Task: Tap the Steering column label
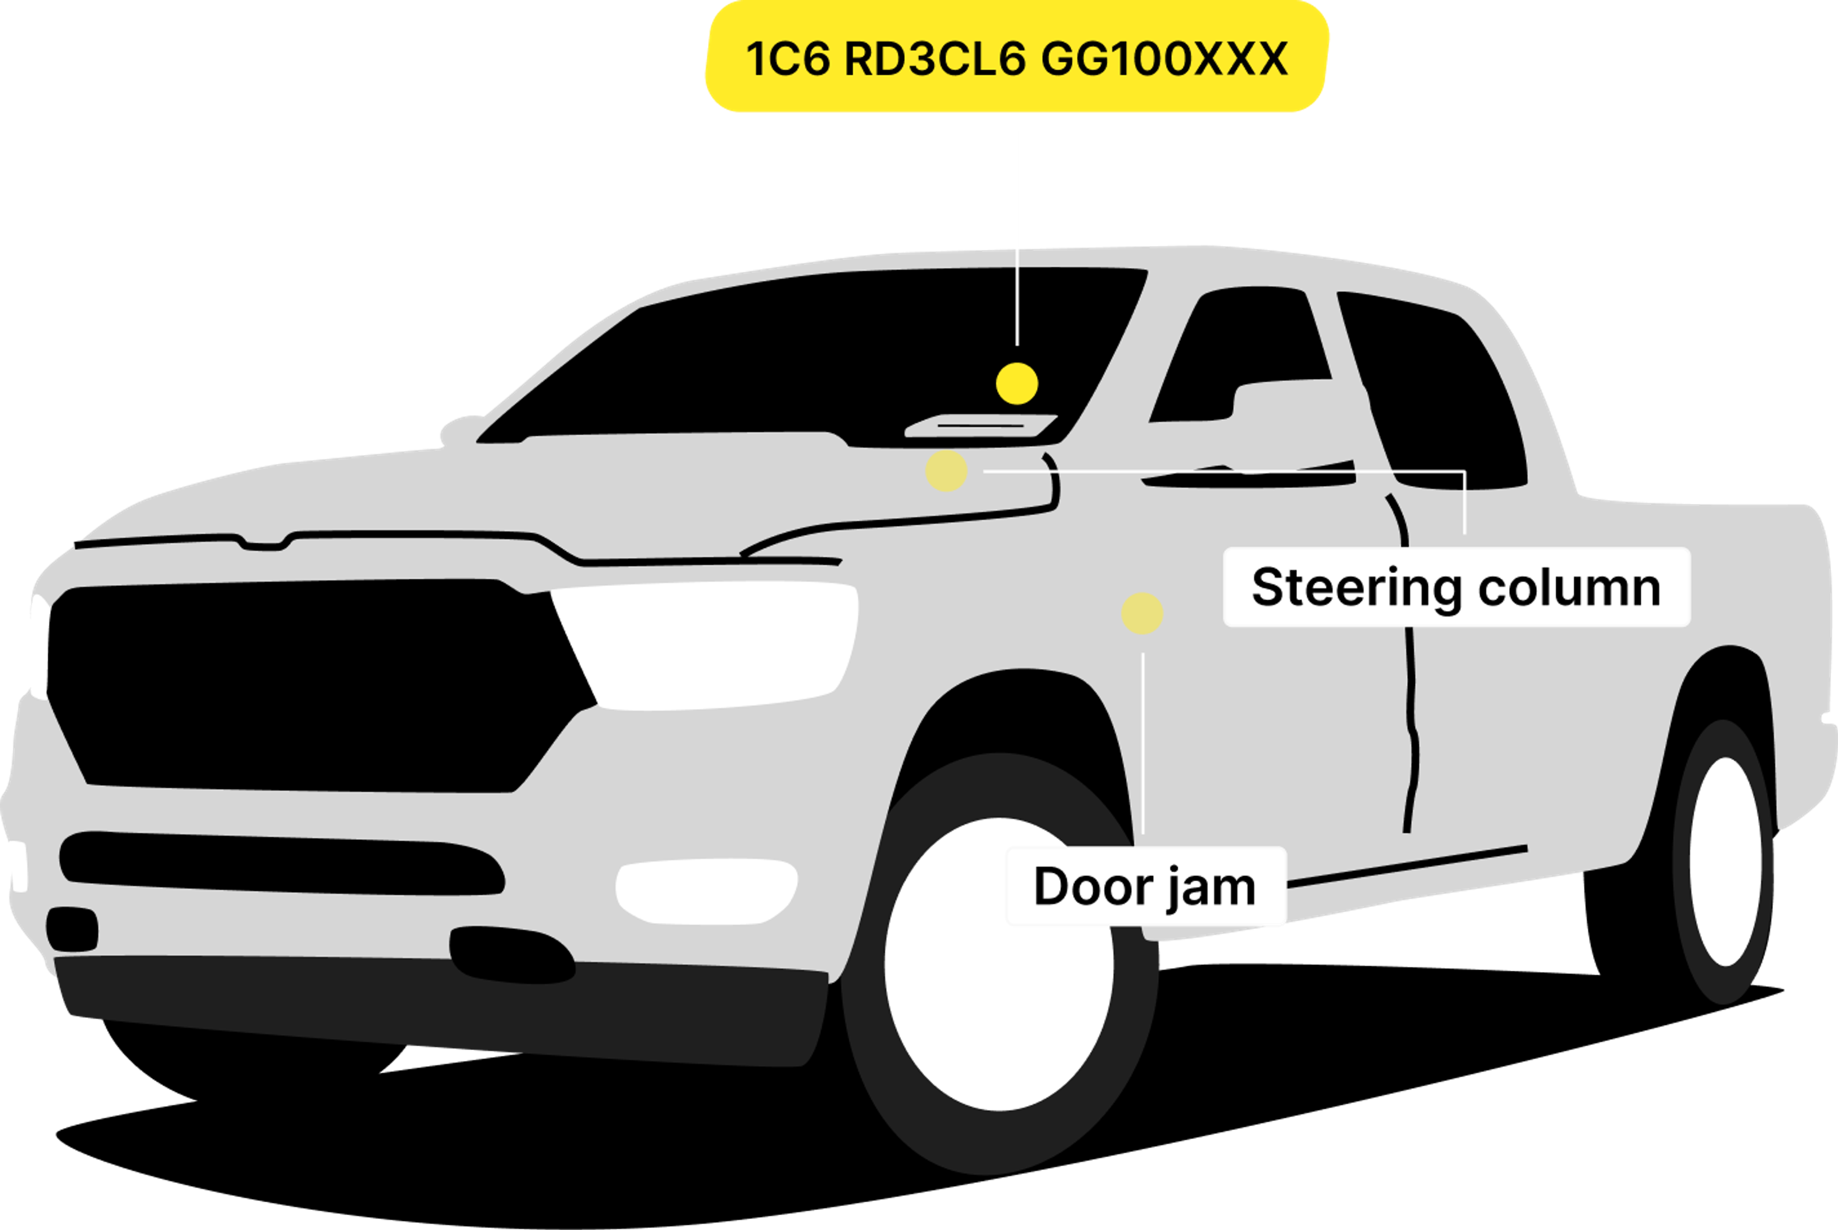tap(1456, 587)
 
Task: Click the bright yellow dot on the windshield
tap(1017, 384)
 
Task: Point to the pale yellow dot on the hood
tap(946, 471)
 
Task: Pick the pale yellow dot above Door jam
tap(1142, 613)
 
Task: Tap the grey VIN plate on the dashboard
tap(981, 426)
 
